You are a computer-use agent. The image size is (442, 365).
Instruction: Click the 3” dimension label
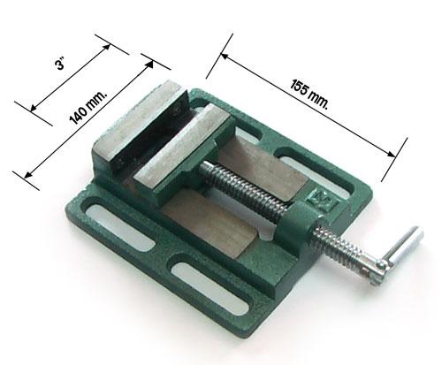[60, 64]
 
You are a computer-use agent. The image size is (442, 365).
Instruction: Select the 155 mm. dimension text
[309, 95]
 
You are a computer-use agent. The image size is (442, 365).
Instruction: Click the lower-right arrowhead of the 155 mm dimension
[392, 154]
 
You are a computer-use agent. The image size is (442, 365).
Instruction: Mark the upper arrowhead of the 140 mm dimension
[149, 65]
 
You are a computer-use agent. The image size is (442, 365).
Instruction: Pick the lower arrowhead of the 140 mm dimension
[28, 174]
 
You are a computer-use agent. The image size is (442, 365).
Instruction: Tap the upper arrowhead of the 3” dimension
[106, 48]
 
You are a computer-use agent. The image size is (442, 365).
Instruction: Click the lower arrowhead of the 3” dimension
[34, 108]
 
